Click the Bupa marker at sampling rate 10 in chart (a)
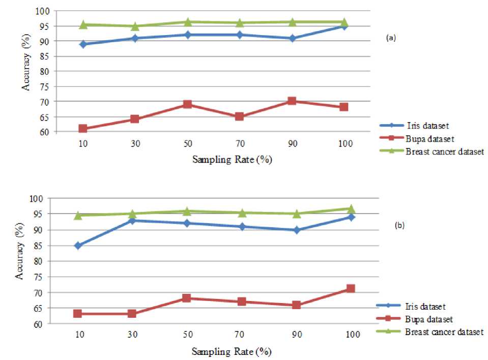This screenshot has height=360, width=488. pyautogui.click(x=82, y=129)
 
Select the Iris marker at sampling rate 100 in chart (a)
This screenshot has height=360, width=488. pyautogui.click(x=344, y=26)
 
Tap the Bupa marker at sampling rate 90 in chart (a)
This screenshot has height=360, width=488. pyautogui.click(x=292, y=101)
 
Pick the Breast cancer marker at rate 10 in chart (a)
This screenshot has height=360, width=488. pyautogui.click(x=82, y=24)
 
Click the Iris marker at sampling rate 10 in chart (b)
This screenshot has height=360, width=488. pyautogui.click(x=78, y=246)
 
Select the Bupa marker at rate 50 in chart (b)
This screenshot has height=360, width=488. pyautogui.click(x=187, y=298)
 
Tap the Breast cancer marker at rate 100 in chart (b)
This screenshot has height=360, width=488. pyautogui.click(x=351, y=208)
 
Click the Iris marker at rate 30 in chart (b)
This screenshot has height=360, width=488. pyautogui.click(x=132, y=220)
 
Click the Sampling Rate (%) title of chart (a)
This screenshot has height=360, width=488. pyautogui.click(x=232, y=160)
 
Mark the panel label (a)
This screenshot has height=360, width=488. pyautogui.click(x=390, y=37)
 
